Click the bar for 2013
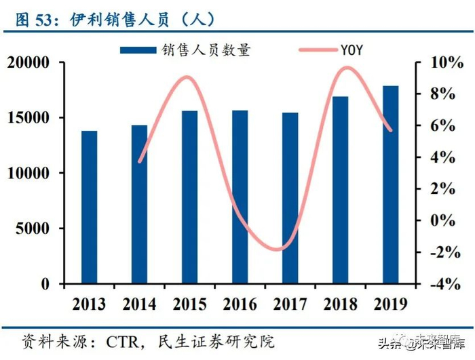90,207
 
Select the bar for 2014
139,204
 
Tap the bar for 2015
189,197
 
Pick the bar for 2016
240,197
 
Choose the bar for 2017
290,198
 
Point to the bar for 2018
340,190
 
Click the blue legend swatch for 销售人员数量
139,49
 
